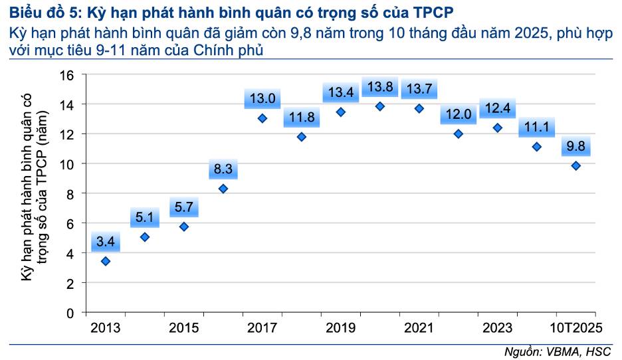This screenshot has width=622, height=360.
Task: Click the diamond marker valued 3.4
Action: coord(106,261)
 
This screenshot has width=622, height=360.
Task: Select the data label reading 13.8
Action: coord(380,86)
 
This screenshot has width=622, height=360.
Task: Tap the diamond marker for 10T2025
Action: coord(575,165)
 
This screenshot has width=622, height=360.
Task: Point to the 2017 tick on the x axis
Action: coord(262,327)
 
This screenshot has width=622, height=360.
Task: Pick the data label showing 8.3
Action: coord(223,169)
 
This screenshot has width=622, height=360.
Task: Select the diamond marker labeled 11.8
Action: coord(302,137)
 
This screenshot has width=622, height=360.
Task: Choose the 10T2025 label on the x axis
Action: coord(576,327)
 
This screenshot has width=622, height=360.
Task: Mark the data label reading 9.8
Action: coord(575,147)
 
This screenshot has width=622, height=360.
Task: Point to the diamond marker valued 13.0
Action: coord(262,118)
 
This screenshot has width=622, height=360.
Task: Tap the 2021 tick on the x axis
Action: coord(419,327)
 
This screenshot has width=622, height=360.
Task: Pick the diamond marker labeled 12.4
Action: coord(498,128)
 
